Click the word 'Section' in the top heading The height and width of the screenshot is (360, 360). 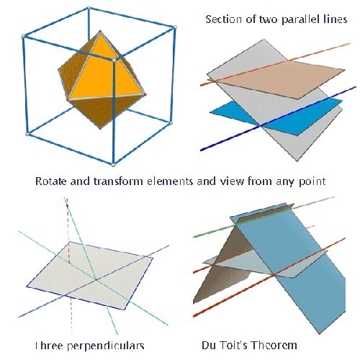(223, 19)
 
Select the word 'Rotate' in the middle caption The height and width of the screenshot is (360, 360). (50, 181)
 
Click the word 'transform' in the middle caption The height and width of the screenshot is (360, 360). (118, 181)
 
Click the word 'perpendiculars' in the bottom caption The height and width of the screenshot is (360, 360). (105, 346)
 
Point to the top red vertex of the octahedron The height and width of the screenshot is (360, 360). (100, 32)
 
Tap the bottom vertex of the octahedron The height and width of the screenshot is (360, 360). (100, 128)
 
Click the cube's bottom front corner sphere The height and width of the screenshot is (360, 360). (114, 165)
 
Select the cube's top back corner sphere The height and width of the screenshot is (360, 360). (89, 9)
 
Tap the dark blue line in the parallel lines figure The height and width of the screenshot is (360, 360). (279, 119)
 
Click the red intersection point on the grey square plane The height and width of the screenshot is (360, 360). (96, 279)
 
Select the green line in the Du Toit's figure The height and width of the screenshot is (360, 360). (264, 216)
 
